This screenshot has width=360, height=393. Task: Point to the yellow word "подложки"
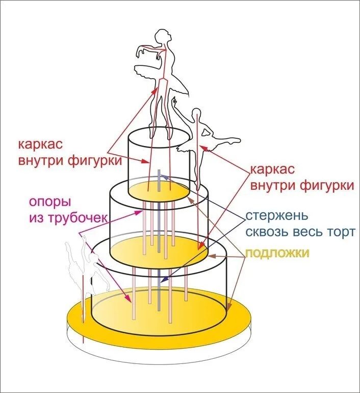pyautogui.click(x=277, y=254)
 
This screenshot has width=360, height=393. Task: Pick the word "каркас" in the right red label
pyautogui.click(x=273, y=169)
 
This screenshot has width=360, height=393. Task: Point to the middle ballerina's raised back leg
pyautogui.click(x=224, y=140)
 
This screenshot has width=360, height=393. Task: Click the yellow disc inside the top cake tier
pyautogui.click(x=158, y=191)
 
